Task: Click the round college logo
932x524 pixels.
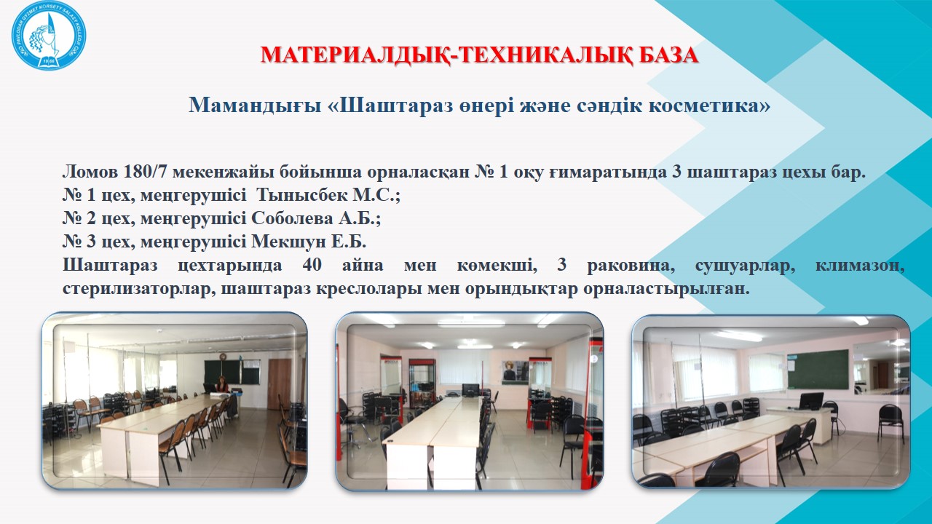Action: click(x=49, y=35)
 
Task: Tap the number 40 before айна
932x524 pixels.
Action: click(x=312, y=265)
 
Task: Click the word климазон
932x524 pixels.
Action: click(x=860, y=265)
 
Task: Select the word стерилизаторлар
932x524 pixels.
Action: click(x=139, y=288)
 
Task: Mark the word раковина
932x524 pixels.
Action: click(x=631, y=265)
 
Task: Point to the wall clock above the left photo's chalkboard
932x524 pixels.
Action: click(x=223, y=357)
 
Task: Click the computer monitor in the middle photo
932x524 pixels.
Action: click(x=470, y=390)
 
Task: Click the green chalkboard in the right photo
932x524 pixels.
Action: click(x=818, y=370)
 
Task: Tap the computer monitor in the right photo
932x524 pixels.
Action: click(x=811, y=401)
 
